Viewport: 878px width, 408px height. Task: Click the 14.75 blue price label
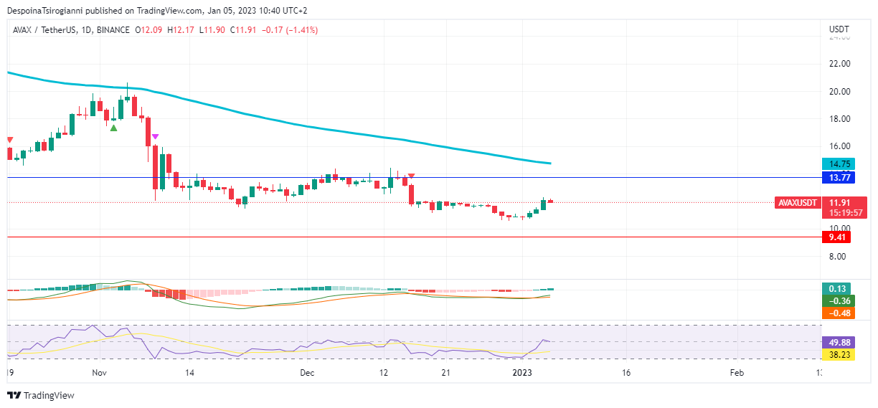(x=836, y=164)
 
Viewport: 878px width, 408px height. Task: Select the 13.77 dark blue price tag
(x=836, y=177)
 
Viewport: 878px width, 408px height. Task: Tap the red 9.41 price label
(x=836, y=237)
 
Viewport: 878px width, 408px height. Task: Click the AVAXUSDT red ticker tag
(x=798, y=203)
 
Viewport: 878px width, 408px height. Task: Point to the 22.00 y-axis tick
(x=839, y=64)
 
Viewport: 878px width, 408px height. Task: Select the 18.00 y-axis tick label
(x=839, y=119)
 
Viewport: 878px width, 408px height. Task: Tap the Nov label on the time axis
(x=100, y=373)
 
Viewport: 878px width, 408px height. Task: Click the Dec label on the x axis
(x=307, y=373)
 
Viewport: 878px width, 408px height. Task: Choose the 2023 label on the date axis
(x=522, y=373)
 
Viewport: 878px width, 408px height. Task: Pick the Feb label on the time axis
(x=737, y=373)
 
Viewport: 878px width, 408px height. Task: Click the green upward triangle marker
(x=113, y=128)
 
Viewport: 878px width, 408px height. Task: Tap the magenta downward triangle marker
(x=155, y=136)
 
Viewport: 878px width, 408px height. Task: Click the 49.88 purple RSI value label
(x=837, y=342)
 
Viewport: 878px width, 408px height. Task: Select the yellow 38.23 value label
(x=837, y=354)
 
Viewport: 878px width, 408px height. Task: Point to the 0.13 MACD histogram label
(x=836, y=289)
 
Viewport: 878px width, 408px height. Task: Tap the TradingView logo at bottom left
(x=41, y=395)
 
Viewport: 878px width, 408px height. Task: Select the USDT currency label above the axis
(x=839, y=29)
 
